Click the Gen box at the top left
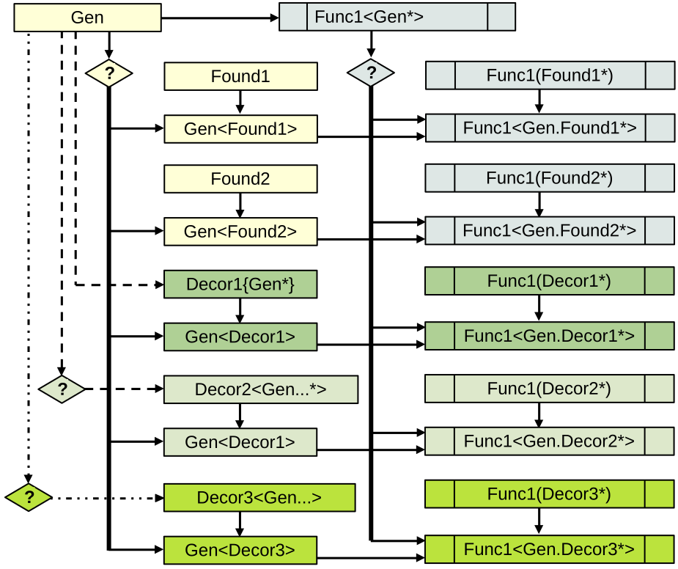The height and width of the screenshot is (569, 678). [87, 18]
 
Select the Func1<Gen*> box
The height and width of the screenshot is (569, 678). [397, 17]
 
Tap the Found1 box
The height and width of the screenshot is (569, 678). [240, 76]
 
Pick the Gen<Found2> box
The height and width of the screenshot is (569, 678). [240, 232]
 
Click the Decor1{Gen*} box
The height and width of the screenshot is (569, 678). [240, 284]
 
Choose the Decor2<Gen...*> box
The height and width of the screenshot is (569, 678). [260, 389]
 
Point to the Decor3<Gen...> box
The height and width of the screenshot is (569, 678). [259, 497]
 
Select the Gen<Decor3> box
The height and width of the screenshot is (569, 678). [240, 550]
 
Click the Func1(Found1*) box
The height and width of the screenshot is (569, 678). [549, 76]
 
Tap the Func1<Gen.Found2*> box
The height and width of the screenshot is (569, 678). [549, 231]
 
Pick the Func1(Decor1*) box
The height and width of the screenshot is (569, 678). [549, 282]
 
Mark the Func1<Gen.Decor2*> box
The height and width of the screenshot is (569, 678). [549, 441]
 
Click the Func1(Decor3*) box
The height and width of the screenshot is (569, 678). [549, 493]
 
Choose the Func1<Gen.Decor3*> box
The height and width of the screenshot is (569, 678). [549, 549]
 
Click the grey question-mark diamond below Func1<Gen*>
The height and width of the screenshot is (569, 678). [371, 73]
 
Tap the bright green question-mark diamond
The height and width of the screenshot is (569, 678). [29, 498]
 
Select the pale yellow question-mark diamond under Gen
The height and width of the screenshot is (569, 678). [108, 73]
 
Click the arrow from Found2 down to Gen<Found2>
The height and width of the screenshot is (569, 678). [240, 205]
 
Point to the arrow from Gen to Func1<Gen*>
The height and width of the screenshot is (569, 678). [220, 18]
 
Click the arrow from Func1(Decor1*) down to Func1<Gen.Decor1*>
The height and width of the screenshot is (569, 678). [539, 308]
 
